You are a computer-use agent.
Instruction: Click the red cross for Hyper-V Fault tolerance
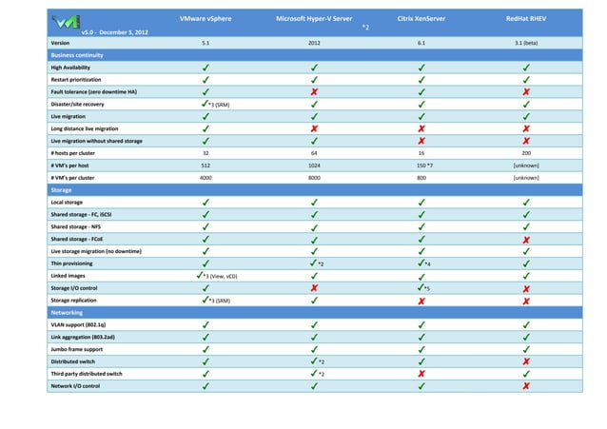[314, 92]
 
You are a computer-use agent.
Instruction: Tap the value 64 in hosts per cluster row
[314, 152]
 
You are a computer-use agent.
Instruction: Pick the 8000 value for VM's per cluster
[314, 177]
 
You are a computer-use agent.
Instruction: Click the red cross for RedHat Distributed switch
[527, 361]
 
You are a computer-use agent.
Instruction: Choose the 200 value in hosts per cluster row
[527, 152]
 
